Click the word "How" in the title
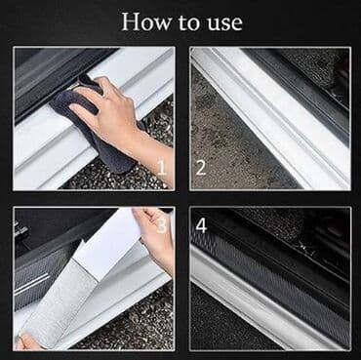pyautogui.click(x=146, y=22)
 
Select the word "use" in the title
pyautogui.click(x=224, y=24)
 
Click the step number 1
pyautogui.click(x=162, y=168)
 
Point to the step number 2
pyautogui.click(x=201, y=168)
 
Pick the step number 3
pyautogui.click(x=162, y=225)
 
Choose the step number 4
pyautogui.click(x=201, y=225)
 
